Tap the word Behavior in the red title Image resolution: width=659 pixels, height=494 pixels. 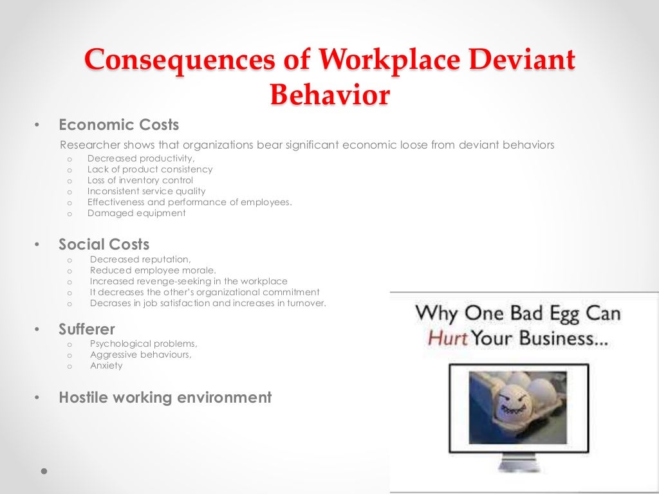pyautogui.click(x=329, y=95)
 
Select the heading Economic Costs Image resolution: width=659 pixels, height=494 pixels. pyautogui.click(x=119, y=125)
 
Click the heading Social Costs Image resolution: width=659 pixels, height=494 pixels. pyautogui.click(x=104, y=244)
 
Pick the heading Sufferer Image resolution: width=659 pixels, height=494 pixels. pyautogui.click(x=87, y=329)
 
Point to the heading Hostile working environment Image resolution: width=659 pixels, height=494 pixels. pyautogui.click(x=165, y=398)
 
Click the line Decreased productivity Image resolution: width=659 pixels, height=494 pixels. pyautogui.click(x=141, y=158)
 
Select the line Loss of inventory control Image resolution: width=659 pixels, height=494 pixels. pyautogui.click(x=140, y=180)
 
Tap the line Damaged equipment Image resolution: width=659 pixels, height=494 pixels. pyautogui.click(x=136, y=213)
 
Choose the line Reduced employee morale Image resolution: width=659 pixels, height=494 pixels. pyautogui.click(x=153, y=270)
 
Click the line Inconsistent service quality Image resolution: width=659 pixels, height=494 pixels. pyautogui.click(x=147, y=191)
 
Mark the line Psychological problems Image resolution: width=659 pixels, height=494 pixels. pyautogui.click(x=144, y=343)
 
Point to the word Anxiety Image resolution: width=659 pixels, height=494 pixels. pyautogui.click(x=106, y=365)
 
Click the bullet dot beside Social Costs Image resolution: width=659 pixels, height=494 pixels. pyautogui.click(x=37, y=244)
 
